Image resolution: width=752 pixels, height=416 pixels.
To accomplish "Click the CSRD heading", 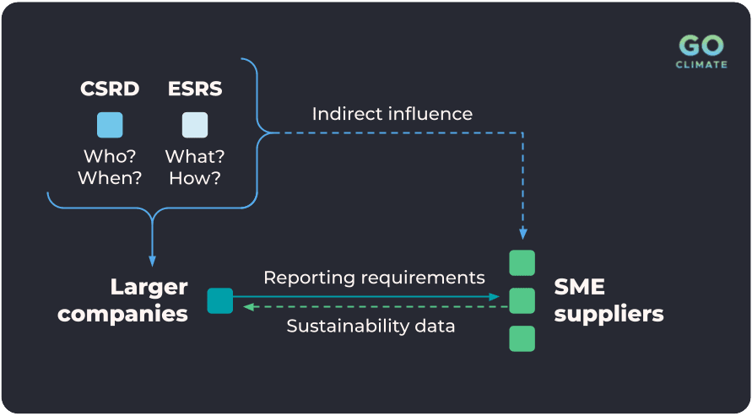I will [x=110, y=88].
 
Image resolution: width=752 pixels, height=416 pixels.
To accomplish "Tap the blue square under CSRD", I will [x=110, y=125].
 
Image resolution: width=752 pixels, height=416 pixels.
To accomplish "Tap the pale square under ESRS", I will [x=194, y=125].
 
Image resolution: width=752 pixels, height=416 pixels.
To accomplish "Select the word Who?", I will [x=110, y=156].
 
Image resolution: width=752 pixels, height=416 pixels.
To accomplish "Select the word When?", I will [x=110, y=178].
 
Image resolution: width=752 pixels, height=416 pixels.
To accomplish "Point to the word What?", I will [x=194, y=156].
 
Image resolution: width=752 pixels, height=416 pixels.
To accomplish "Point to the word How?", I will [x=194, y=178].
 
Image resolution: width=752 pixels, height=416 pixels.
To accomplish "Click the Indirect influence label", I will [x=392, y=113].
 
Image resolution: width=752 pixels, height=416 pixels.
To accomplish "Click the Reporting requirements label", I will [x=374, y=278].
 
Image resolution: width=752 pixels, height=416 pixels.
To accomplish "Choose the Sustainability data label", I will [x=371, y=326].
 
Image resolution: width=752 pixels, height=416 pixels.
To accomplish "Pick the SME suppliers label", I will [x=608, y=300].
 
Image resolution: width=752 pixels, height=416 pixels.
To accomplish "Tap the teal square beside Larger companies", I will [x=219, y=300].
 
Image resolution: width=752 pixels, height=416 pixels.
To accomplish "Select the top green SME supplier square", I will [x=522, y=262].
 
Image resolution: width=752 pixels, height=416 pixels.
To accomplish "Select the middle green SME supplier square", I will [x=522, y=300].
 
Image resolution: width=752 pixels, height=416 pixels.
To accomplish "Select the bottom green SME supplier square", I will [x=522, y=338].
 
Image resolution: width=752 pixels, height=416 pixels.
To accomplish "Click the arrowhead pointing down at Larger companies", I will [x=152, y=259].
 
